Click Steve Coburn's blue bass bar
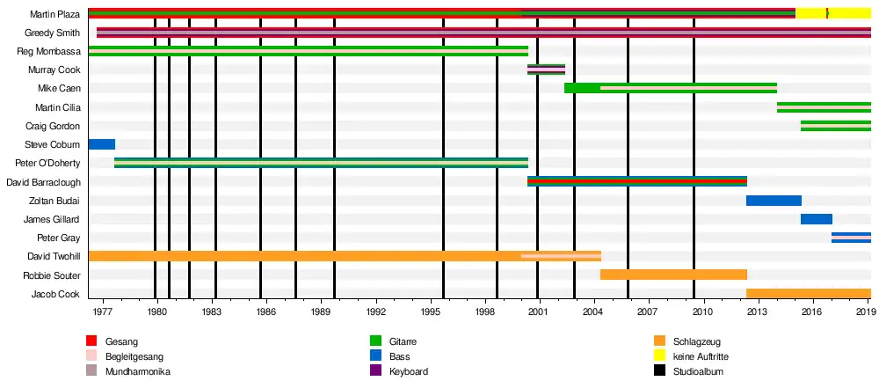pyautogui.click(x=101, y=144)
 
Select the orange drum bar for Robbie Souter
pyautogui.click(x=673, y=275)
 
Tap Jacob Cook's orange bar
pyautogui.click(x=808, y=293)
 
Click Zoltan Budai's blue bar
pyautogui.click(x=774, y=201)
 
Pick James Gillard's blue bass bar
pyautogui.click(x=816, y=219)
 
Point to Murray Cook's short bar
pyautogui.click(x=546, y=70)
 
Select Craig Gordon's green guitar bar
pyautogui.click(x=835, y=126)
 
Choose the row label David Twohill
pyautogui.click(x=54, y=256)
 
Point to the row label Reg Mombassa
pyautogui.click(x=49, y=51)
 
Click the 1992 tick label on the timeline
pyautogui.click(x=376, y=311)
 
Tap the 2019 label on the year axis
pyautogui.click(x=866, y=311)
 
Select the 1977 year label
pyautogui.click(x=103, y=311)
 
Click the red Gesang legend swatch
pyautogui.click(x=91, y=341)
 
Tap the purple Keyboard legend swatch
pyautogui.click(x=375, y=371)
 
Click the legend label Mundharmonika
pyautogui.click(x=137, y=371)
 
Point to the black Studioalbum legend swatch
pyautogui.click(x=660, y=371)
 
